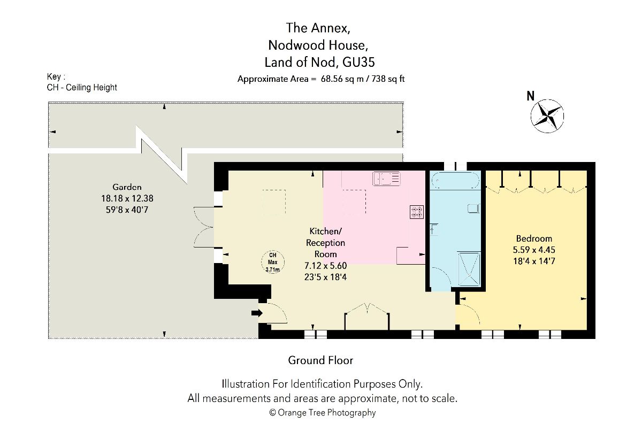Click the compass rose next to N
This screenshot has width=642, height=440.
(547, 116)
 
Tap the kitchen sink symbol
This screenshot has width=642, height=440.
(386, 179)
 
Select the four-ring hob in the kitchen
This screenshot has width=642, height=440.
(417, 212)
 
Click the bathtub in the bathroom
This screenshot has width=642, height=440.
(455, 180)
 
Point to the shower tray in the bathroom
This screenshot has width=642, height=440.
(469, 269)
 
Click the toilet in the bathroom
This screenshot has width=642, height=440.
(473, 209)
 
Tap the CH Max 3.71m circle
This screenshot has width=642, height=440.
(273, 262)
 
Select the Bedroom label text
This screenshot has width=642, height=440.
(534, 238)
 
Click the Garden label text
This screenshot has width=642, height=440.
(127, 187)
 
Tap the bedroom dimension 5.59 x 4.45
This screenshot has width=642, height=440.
(534, 250)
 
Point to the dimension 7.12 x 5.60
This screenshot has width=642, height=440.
(326, 266)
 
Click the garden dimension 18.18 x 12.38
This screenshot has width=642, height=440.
(127, 198)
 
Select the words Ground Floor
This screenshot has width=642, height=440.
(320, 360)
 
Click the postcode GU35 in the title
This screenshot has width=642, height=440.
(358, 62)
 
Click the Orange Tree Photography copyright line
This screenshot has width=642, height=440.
(323, 413)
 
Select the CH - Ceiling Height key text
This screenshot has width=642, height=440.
(82, 87)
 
